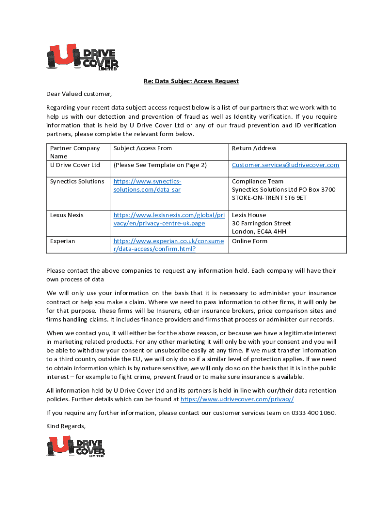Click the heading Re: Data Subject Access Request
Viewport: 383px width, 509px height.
(191, 81)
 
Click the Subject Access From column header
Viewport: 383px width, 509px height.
(143, 148)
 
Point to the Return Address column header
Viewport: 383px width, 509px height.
(254, 148)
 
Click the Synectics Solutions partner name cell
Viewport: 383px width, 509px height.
(77, 182)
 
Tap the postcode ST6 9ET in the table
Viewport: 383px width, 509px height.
(294, 198)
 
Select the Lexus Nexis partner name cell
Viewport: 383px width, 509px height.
(67, 215)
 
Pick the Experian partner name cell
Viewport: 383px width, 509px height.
(63, 241)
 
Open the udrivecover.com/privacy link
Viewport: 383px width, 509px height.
(237, 399)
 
